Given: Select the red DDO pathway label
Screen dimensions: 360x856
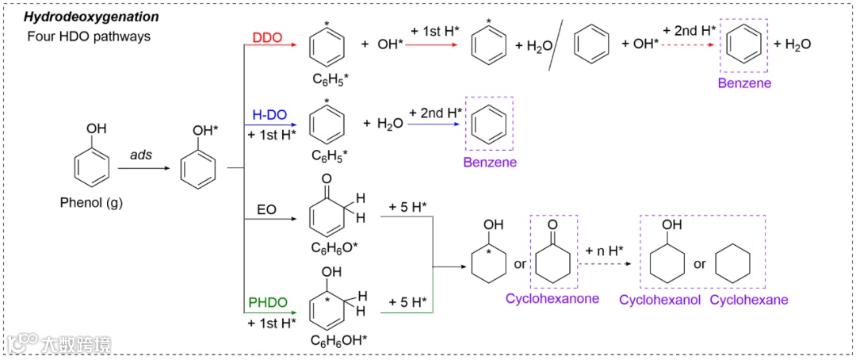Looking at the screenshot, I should (x=266, y=37).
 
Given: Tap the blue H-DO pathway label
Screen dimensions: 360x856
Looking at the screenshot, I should (x=269, y=116).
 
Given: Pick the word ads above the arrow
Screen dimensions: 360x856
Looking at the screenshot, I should (x=142, y=155).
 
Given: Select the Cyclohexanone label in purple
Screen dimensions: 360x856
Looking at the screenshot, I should (x=552, y=299).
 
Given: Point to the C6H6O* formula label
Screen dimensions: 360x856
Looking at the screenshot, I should (x=333, y=247).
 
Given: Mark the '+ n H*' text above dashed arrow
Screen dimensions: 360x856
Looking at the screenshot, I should (x=604, y=251).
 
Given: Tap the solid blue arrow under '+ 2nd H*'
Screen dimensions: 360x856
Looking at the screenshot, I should (x=435, y=125).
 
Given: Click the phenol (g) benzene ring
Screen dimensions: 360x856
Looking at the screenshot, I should (x=92, y=168).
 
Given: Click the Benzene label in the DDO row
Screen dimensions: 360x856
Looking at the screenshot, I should (x=744, y=82).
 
